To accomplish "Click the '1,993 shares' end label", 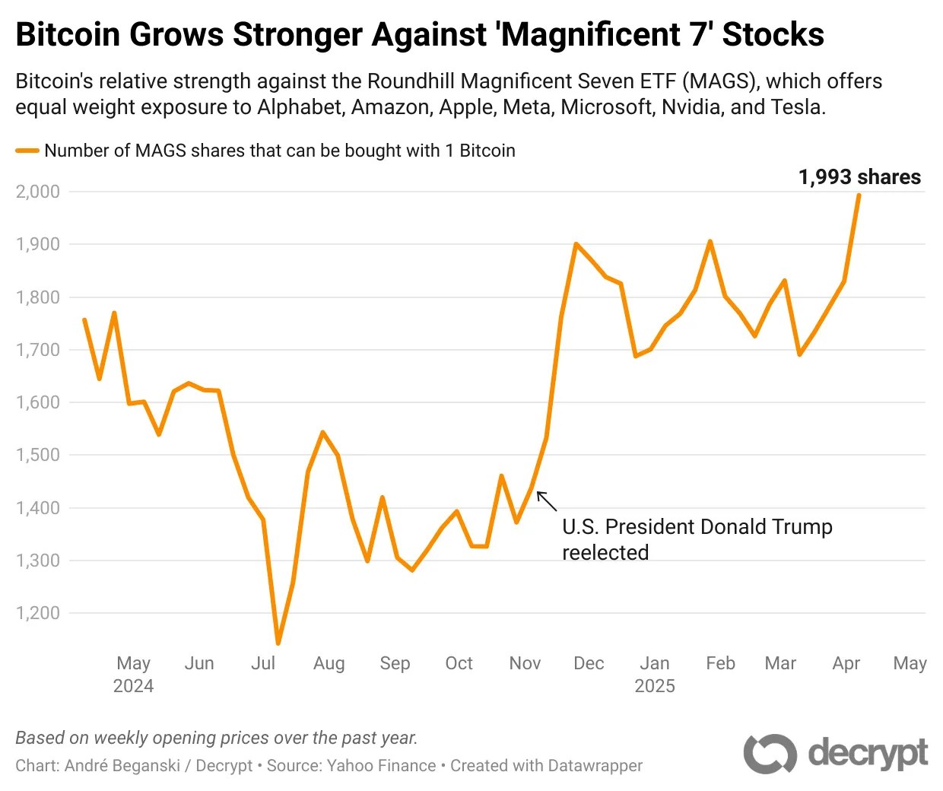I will (x=859, y=177).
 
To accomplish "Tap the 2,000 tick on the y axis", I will (x=38, y=192).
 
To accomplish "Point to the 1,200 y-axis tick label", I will (x=38, y=613).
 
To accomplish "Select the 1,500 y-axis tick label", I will (x=38, y=455).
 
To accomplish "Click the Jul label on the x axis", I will (x=263, y=663).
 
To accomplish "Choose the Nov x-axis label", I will (x=525, y=663).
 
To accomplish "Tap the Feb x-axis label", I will (x=720, y=663).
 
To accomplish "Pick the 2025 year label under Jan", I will (x=655, y=686).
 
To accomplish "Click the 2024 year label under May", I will (x=133, y=686).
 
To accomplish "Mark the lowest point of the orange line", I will (x=278, y=643).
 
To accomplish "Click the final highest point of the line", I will (x=859, y=195).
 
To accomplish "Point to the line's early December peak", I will (x=576, y=244).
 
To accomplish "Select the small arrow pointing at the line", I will (x=546, y=500).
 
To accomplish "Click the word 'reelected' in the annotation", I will (x=605, y=553).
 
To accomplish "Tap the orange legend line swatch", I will (x=27, y=151).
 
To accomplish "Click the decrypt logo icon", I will (x=770, y=754).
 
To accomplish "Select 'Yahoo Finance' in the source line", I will (x=381, y=765).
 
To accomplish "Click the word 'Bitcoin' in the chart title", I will (x=68, y=35).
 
